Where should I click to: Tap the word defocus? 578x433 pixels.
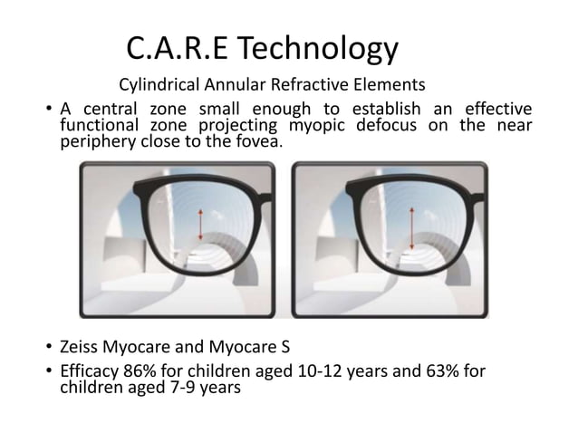click(x=399, y=127)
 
